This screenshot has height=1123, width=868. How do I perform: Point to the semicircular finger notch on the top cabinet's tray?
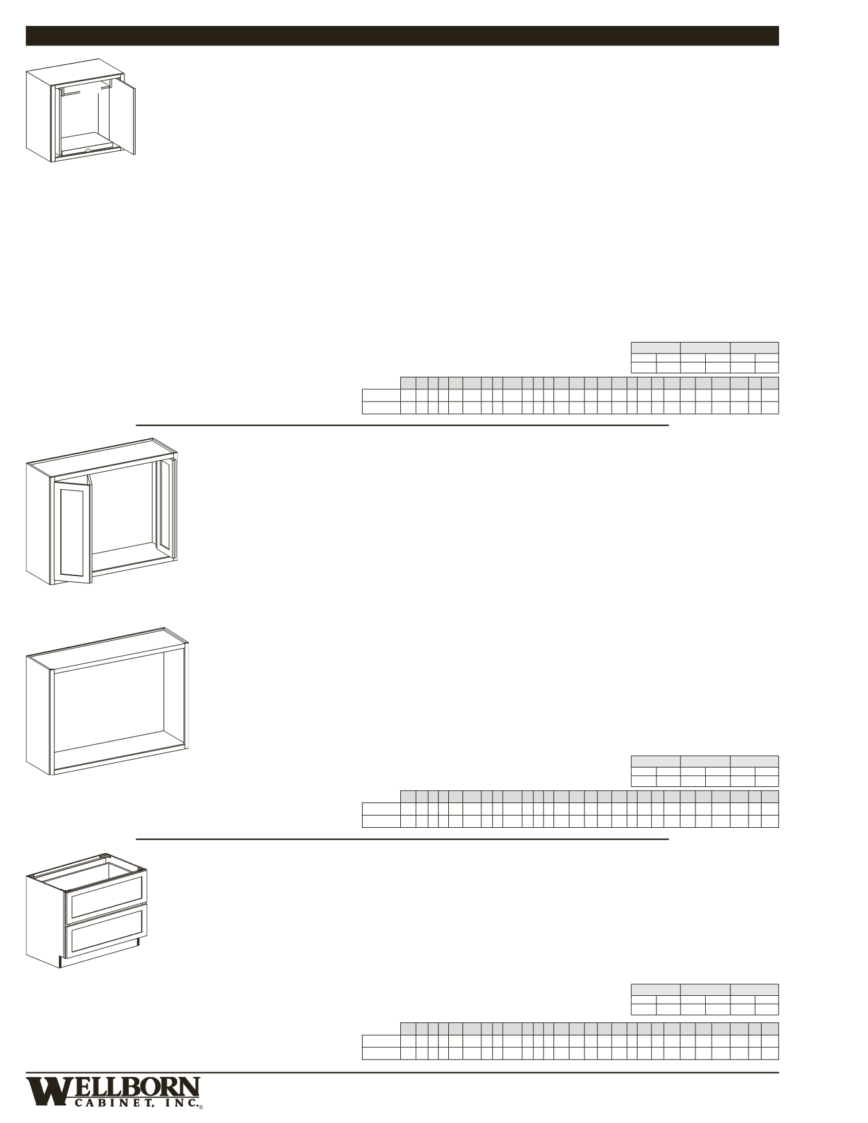coord(88,149)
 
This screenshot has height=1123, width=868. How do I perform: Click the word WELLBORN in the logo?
coord(130,1086)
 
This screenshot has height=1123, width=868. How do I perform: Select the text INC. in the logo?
coord(180,1102)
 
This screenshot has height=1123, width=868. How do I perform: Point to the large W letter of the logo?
coord(45,1091)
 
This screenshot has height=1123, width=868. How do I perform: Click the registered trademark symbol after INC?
coord(201,1107)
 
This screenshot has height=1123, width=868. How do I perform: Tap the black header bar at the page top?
coord(402,36)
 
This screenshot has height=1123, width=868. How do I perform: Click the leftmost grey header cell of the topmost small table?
coord(655,347)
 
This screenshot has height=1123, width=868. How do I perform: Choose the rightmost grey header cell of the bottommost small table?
coord(754,989)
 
